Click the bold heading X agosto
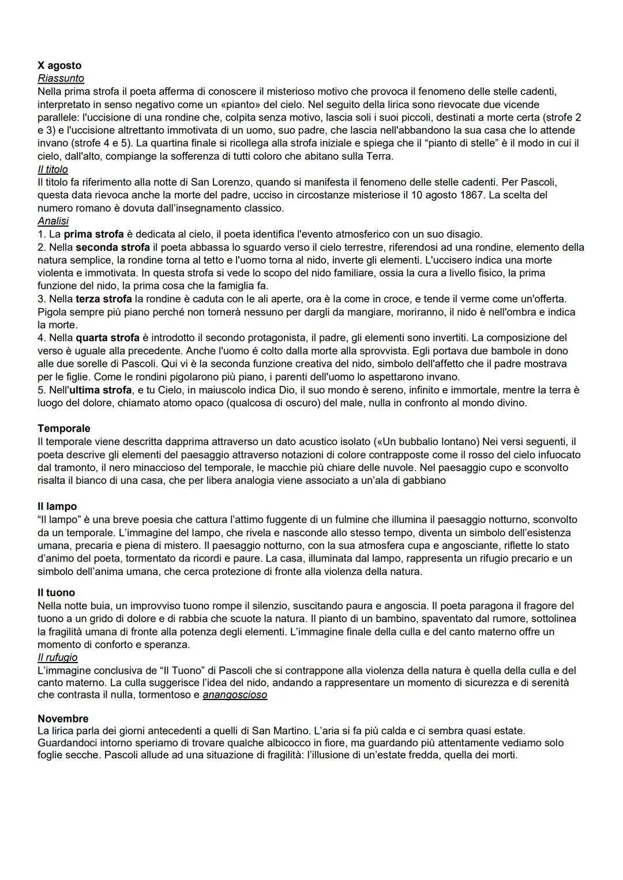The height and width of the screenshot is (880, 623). (x=59, y=65)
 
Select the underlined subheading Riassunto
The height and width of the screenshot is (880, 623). (x=61, y=78)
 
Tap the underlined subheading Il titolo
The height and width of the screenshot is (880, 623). (x=52, y=170)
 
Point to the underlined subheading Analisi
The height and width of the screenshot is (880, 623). (x=53, y=221)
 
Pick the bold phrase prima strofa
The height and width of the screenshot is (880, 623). (x=93, y=234)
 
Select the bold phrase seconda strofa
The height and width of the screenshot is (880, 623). (x=112, y=247)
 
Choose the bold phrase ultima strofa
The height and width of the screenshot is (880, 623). (x=100, y=390)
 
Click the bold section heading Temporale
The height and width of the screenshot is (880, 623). (x=64, y=428)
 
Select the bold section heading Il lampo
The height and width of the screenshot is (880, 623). (x=57, y=506)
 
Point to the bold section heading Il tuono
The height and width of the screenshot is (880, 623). (x=56, y=592)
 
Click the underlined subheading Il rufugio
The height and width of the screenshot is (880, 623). (x=58, y=657)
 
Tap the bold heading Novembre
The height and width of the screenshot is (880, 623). (x=63, y=719)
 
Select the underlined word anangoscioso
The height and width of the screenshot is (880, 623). (x=235, y=695)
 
